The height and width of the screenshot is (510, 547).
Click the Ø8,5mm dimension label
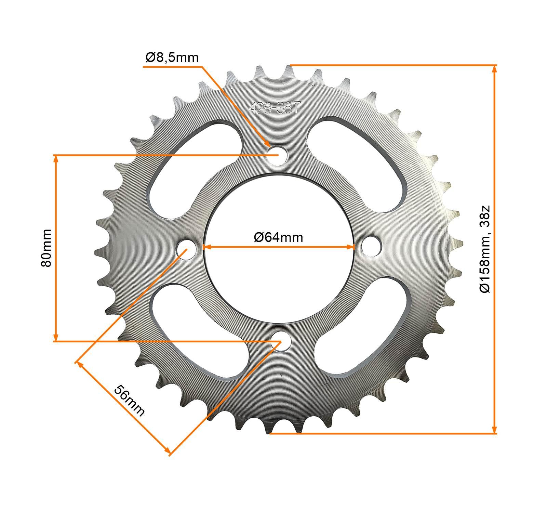click(172, 57)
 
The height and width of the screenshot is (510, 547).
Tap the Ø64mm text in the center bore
click(278, 237)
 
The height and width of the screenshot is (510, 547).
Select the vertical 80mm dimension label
click(46, 248)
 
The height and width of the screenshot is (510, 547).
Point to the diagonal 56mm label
click(129, 400)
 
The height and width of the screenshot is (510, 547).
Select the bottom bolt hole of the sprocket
click(280, 341)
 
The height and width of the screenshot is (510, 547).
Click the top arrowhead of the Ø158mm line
click(494, 69)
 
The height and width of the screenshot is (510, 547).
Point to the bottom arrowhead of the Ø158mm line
click(494, 429)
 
